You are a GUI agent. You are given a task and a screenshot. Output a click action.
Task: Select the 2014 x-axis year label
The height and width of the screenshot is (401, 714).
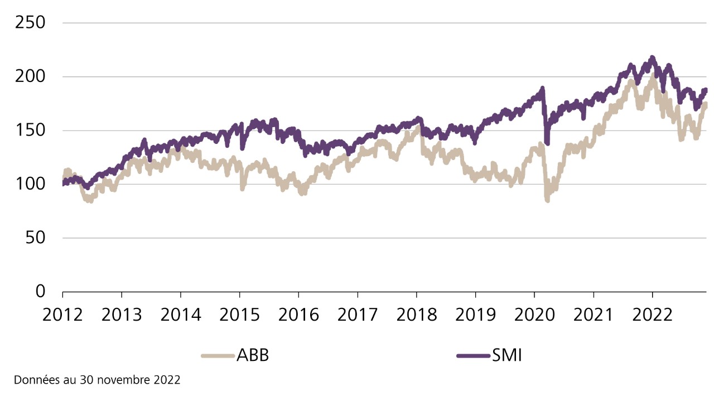[181, 315]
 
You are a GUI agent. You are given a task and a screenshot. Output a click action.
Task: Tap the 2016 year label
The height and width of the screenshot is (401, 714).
[299, 315]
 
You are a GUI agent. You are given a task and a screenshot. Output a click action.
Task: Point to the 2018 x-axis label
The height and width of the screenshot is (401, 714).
[417, 315]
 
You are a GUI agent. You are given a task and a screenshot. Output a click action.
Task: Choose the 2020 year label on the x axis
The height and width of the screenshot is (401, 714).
[534, 315]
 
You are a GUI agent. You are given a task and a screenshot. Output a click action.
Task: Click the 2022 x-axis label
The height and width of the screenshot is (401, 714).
[652, 315]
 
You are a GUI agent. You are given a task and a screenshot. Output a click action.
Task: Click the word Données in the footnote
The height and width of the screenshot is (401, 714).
[34, 380]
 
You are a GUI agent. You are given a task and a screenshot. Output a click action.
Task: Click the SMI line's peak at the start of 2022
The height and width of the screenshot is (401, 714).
[652, 58]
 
